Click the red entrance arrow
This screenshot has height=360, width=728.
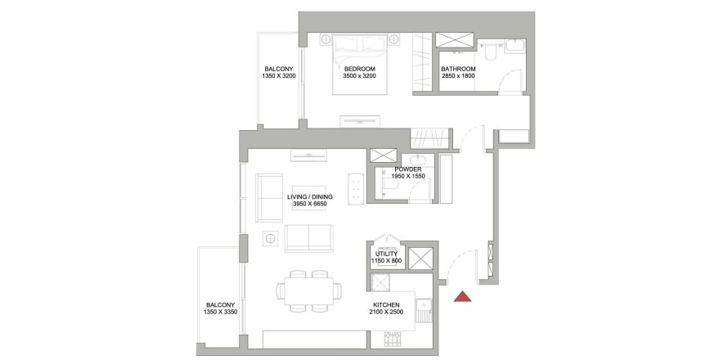click(462, 297)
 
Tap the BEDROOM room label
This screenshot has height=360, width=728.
click(359, 69)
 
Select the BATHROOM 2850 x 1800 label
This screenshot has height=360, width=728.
click(458, 72)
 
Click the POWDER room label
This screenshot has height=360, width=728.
click(407, 169)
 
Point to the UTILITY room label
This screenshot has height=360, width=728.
click(386, 254)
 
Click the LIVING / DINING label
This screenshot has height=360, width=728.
click(310, 197)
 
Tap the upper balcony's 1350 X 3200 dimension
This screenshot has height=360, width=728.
click(279, 76)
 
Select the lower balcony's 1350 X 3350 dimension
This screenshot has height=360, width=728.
click(220, 313)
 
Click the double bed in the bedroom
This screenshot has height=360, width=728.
click(360, 64)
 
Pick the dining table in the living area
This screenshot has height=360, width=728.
click(308, 290)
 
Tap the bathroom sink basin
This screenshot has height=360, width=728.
click(515, 46)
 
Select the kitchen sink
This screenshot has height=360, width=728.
click(424, 304)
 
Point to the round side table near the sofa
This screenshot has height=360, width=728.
click(270, 239)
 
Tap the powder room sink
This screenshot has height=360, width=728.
click(416, 161)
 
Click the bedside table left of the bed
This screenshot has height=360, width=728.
click(326, 39)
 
